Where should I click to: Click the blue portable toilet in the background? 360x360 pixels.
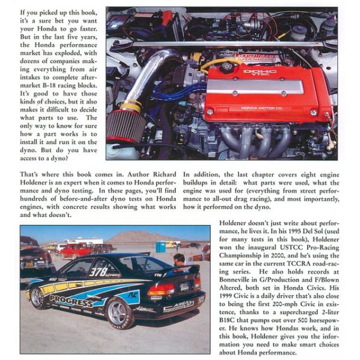[160, 246]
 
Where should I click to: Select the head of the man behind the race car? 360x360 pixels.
[179, 260]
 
